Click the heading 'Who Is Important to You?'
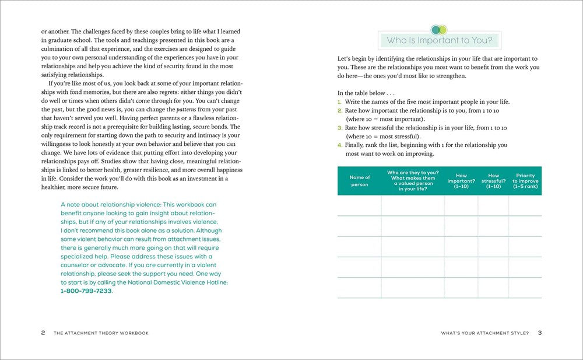pyautogui.click(x=439, y=41)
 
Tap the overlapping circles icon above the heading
pyautogui.click(x=439, y=29)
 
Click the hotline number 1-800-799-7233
pyautogui.click(x=86, y=291)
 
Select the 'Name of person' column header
pyautogui.click(x=359, y=181)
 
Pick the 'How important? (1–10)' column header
pyautogui.click(x=461, y=181)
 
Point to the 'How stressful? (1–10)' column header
pyautogui.click(x=493, y=181)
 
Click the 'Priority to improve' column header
pyautogui.click(x=525, y=181)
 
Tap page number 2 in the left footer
pyautogui.click(x=43, y=333)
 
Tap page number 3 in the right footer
pyautogui.click(x=540, y=333)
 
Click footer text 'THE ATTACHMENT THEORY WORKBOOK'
pyautogui.click(x=101, y=333)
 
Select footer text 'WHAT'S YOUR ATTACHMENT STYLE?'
pyautogui.click(x=485, y=333)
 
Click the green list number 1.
pyautogui.click(x=340, y=102)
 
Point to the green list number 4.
pyautogui.click(x=340, y=145)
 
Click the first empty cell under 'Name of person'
pyautogui.click(x=359, y=205)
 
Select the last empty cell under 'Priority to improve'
pyautogui.click(x=525, y=288)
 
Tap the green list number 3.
pyautogui.click(x=340, y=128)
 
